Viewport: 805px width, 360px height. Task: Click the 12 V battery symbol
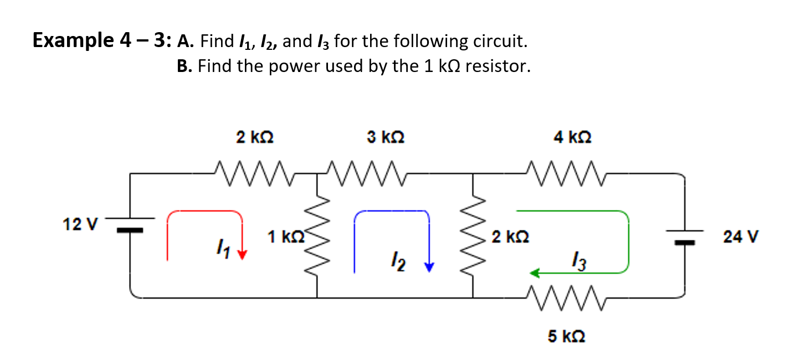coord(130,224)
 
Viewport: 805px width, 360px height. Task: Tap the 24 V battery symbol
coord(685,236)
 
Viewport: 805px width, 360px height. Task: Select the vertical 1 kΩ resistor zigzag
coord(317,238)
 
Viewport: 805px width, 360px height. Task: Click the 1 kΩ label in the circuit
coord(285,237)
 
